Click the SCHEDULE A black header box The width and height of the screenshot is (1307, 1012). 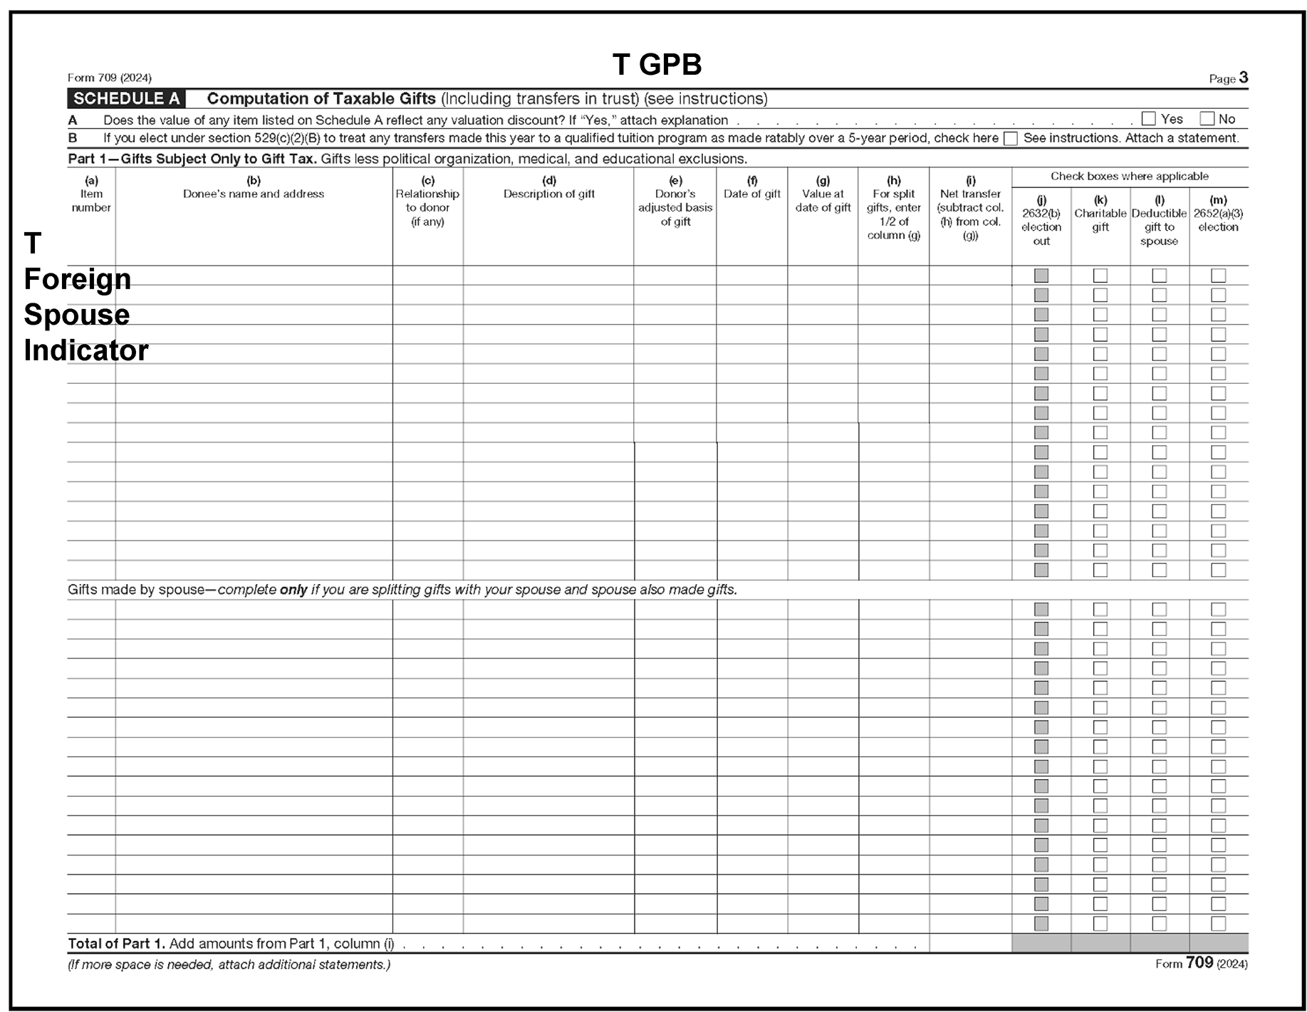(126, 99)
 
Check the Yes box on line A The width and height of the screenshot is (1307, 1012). (1148, 119)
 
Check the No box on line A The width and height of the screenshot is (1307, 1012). (1207, 119)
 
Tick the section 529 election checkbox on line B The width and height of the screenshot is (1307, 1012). (1010, 139)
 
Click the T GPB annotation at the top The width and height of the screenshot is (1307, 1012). (657, 65)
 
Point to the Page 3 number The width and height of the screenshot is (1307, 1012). (1243, 78)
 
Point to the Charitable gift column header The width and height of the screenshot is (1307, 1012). (1100, 214)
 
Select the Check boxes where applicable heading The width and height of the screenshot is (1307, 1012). (1129, 176)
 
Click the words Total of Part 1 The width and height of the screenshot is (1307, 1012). (116, 944)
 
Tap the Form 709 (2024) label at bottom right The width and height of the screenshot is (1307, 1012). (1201, 964)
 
